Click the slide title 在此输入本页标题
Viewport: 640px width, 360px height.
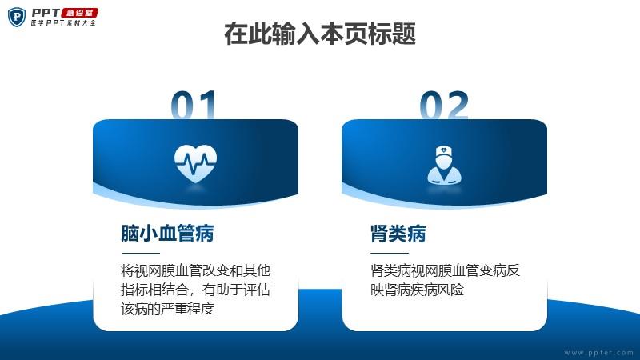click(320, 34)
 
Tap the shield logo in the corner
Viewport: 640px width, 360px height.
click(17, 17)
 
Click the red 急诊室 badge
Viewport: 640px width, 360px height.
click(80, 13)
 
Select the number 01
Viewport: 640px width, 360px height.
click(194, 106)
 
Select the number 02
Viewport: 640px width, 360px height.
click(444, 106)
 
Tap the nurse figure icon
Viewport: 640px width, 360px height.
click(445, 165)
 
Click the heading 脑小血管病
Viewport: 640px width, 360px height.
click(167, 234)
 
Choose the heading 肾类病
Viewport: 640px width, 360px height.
click(398, 234)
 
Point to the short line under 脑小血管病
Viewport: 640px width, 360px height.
click(141, 253)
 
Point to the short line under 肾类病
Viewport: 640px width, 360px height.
click(390, 253)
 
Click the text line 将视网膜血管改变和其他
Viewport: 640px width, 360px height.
click(195, 270)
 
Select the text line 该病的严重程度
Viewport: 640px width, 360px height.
click(167, 309)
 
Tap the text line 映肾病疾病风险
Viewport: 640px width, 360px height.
click(417, 290)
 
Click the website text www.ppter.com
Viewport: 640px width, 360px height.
click(598, 353)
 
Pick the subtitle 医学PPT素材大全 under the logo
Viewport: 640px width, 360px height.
click(63, 23)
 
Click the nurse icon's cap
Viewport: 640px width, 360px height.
click(445, 151)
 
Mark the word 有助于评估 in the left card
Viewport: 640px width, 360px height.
click(236, 290)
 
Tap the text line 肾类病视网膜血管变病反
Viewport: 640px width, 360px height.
click(445, 270)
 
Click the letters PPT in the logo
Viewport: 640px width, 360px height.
click(46, 13)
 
